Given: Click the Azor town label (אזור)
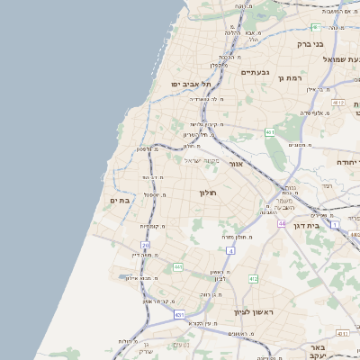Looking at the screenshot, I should [x=236, y=165].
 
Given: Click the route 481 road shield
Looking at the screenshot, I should [x=316, y=27].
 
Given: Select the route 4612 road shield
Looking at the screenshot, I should [x=337, y=103].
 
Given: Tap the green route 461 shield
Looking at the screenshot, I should [x=270, y=132].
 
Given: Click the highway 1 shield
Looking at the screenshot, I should [x=334, y=224].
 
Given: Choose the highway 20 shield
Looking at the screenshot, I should [x=146, y=245].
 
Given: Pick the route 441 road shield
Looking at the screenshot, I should [x=178, y=267].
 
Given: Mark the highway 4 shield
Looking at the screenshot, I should [x=230, y=251].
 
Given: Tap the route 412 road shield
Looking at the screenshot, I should [x=253, y=279].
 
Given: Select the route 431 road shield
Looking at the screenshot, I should [x=179, y=315].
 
